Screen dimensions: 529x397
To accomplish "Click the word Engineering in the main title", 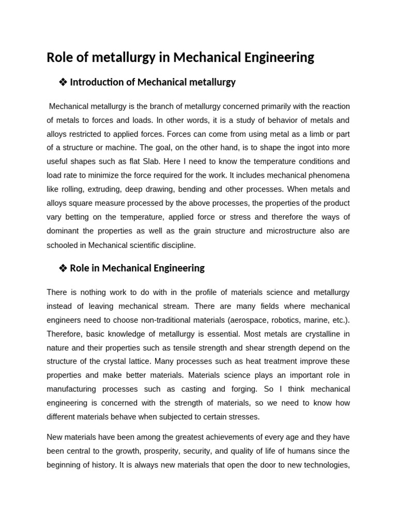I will (x=278, y=58).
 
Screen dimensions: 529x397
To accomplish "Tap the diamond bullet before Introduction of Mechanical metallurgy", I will (x=63, y=82).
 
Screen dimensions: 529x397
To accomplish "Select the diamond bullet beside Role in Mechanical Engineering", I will (x=63, y=268).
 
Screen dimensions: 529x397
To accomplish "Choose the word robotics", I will (x=289, y=320).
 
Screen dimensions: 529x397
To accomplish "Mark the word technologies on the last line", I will (x=326, y=465).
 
